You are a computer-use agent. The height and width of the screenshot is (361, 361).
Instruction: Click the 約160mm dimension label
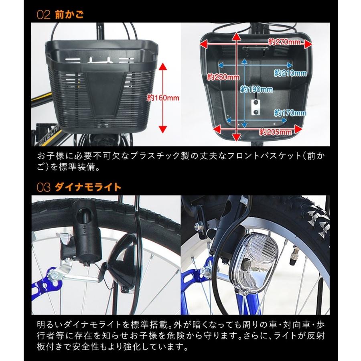[158, 98]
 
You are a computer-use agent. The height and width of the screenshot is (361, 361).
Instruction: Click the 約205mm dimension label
[275, 131]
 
